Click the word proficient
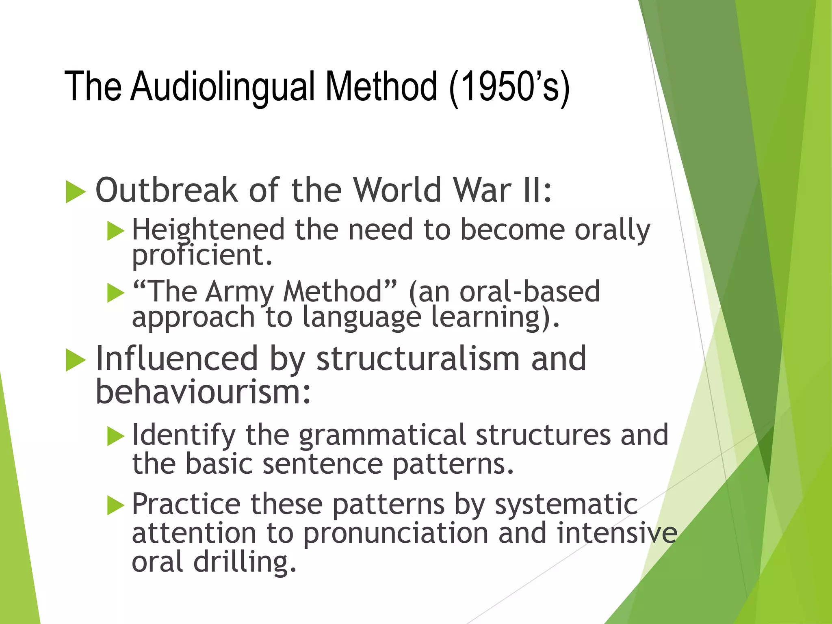pos(202,256)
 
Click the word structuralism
pos(418,359)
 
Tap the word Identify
pos(184,435)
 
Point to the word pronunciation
pos(396,533)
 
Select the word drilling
pos(245,562)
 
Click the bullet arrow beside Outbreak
pos(76,192)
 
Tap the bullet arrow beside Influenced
pos(76,360)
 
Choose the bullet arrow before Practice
pos(116,506)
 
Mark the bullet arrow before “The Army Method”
pos(116,293)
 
